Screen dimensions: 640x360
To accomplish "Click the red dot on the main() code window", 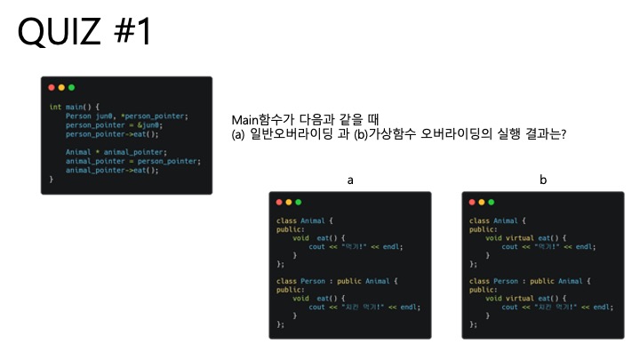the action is pyautogui.click(x=52, y=88).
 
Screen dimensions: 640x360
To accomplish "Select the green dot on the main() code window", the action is pyautogui.click(x=71, y=88).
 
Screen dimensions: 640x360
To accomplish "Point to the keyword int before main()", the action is pyautogui.click(x=54, y=108).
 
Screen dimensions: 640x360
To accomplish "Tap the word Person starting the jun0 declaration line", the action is pyautogui.click(x=78, y=116).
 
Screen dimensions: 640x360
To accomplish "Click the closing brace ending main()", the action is pyautogui.click(x=52, y=179).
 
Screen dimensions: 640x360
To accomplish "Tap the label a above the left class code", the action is pyautogui.click(x=350, y=180).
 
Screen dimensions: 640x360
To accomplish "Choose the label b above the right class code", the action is pyautogui.click(x=543, y=180).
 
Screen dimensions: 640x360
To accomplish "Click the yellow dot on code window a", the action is pyautogui.click(x=289, y=203).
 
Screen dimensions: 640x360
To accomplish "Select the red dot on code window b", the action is pyautogui.click(x=471, y=203).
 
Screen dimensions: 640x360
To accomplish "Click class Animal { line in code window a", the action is pyautogui.click(x=305, y=220).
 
